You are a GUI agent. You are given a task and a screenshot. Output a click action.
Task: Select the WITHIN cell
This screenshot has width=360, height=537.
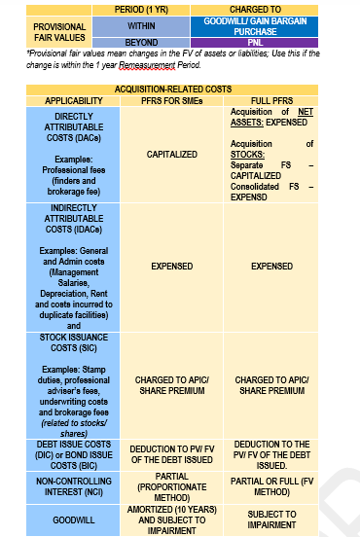[141, 25]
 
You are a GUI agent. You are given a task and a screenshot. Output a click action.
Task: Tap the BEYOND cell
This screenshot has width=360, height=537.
[141, 42]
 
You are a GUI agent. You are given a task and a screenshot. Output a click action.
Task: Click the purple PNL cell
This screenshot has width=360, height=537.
[254, 42]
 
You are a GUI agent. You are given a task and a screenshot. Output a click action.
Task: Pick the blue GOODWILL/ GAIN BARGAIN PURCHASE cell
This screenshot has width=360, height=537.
[254, 25]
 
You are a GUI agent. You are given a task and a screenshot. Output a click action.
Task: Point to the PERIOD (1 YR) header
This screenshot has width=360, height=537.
[141, 9]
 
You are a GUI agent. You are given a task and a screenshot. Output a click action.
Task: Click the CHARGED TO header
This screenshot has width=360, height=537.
[254, 9]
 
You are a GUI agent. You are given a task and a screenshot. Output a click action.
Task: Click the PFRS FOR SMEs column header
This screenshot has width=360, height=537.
[171, 100]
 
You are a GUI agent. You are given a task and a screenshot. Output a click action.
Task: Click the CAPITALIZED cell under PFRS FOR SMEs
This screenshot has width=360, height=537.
[171, 154]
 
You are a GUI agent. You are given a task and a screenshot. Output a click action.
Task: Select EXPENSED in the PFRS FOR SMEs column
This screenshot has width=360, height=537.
[171, 266]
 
